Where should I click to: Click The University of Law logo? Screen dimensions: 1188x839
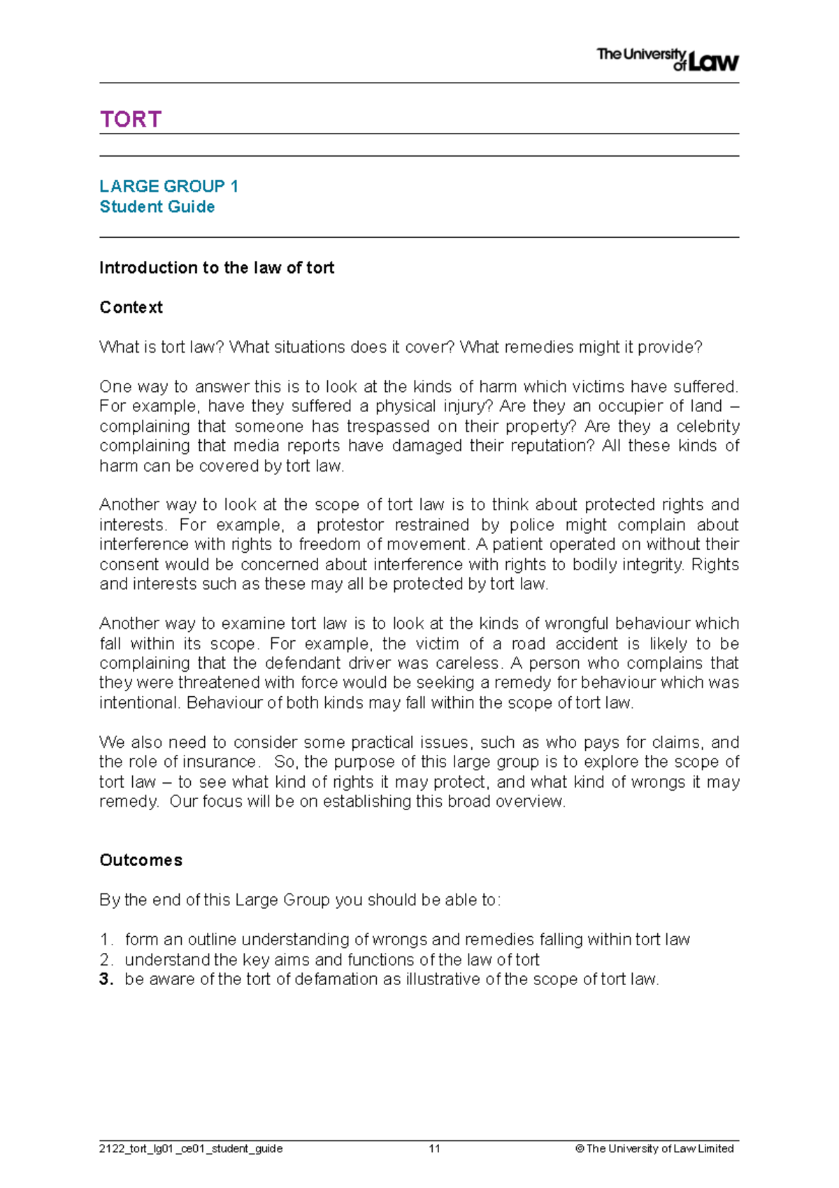(x=667, y=59)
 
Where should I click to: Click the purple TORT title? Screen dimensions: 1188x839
(x=131, y=120)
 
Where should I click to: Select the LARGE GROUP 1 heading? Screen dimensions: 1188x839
(x=168, y=186)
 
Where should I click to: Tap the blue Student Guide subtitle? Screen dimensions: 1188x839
(x=157, y=207)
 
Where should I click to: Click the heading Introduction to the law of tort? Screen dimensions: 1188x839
(x=217, y=268)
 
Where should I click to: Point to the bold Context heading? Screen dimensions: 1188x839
(x=131, y=308)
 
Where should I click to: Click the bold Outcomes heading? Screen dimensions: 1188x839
(x=141, y=861)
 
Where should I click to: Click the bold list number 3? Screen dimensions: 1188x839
(x=106, y=980)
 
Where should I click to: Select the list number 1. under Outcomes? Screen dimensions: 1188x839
(x=106, y=940)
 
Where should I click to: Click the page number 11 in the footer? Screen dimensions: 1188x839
(x=434, y=1149)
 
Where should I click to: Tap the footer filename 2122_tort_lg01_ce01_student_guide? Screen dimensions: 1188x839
(x=191, y=1149)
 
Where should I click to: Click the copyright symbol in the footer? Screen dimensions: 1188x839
(x=579, y=1149)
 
